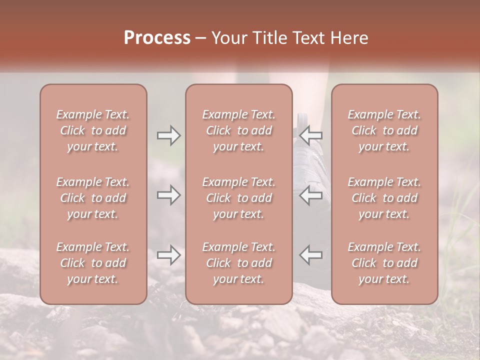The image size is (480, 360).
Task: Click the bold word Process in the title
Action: tap(157, 38)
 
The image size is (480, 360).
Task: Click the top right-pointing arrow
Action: tap(168, 135)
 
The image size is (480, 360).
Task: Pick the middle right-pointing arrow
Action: tap(168, 195)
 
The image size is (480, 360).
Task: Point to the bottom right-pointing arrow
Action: tap(168, 255)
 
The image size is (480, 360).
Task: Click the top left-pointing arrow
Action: tap(311, 135)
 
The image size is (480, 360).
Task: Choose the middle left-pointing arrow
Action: tap(311, 195)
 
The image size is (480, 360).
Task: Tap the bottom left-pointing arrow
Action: tap(311, 255)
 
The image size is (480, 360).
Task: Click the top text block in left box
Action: tap(93, 130)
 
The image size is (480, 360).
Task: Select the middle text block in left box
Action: tap(93, 198)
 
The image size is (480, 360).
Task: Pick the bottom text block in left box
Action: tap(93, 263)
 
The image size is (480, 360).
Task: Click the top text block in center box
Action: tap(238, 130)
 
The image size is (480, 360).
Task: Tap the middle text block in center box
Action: tap(238, 198)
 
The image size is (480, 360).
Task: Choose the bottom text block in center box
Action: tap(238, 263)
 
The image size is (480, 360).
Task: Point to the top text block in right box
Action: tap(384, 130)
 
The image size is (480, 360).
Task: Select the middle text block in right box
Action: tap(384, 198)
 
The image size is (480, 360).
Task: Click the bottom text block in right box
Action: tap(384, 263)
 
